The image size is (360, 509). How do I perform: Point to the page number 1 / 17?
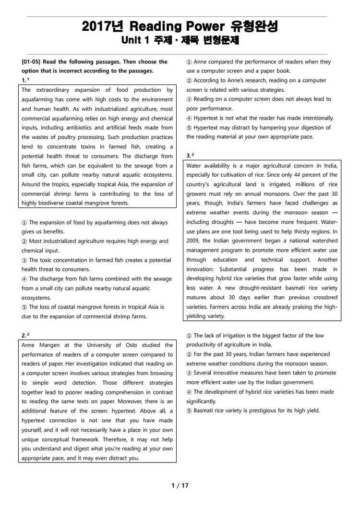(180, 485)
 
